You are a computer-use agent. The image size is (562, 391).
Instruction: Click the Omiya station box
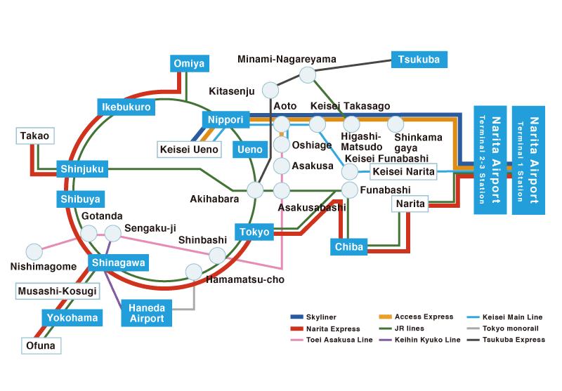point(189,64)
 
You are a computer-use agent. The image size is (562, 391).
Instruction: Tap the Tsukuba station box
point(419,60)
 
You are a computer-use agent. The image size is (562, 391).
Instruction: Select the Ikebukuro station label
point(126,107)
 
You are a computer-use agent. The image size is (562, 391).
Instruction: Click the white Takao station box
point(35,136)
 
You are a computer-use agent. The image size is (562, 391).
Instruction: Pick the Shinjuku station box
point(82,169)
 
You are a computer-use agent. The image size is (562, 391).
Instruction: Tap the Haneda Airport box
point(147,313)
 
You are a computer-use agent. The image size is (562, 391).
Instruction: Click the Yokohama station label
point(72,318)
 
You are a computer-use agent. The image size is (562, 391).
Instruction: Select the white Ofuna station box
point(41,346)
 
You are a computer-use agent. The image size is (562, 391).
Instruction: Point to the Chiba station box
point(348,246)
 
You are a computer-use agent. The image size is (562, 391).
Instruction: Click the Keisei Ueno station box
point(189,150)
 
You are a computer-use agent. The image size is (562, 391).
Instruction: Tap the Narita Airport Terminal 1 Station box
point(528,160)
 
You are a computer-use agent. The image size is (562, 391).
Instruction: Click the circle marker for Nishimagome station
point(34,252)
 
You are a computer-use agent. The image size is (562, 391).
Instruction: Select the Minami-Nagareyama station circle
point(308,75)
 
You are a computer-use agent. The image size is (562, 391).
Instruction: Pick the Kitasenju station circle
point(270,91)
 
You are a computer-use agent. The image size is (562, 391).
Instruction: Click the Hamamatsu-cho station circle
point(194,272)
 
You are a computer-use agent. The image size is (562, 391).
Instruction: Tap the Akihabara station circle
point(255,190)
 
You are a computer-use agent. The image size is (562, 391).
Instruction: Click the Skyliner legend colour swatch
point(296,317)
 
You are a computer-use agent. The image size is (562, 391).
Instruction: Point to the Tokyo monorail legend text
point(511,329)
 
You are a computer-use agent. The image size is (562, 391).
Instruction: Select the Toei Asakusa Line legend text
point(339,340)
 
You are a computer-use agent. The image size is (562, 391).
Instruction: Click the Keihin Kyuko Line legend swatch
point(385,340)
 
